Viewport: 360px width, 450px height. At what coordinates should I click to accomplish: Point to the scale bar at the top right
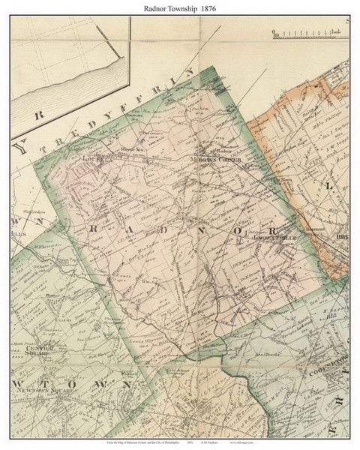click(308, 32)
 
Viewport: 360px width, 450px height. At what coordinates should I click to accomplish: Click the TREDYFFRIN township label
click(112, 109)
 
